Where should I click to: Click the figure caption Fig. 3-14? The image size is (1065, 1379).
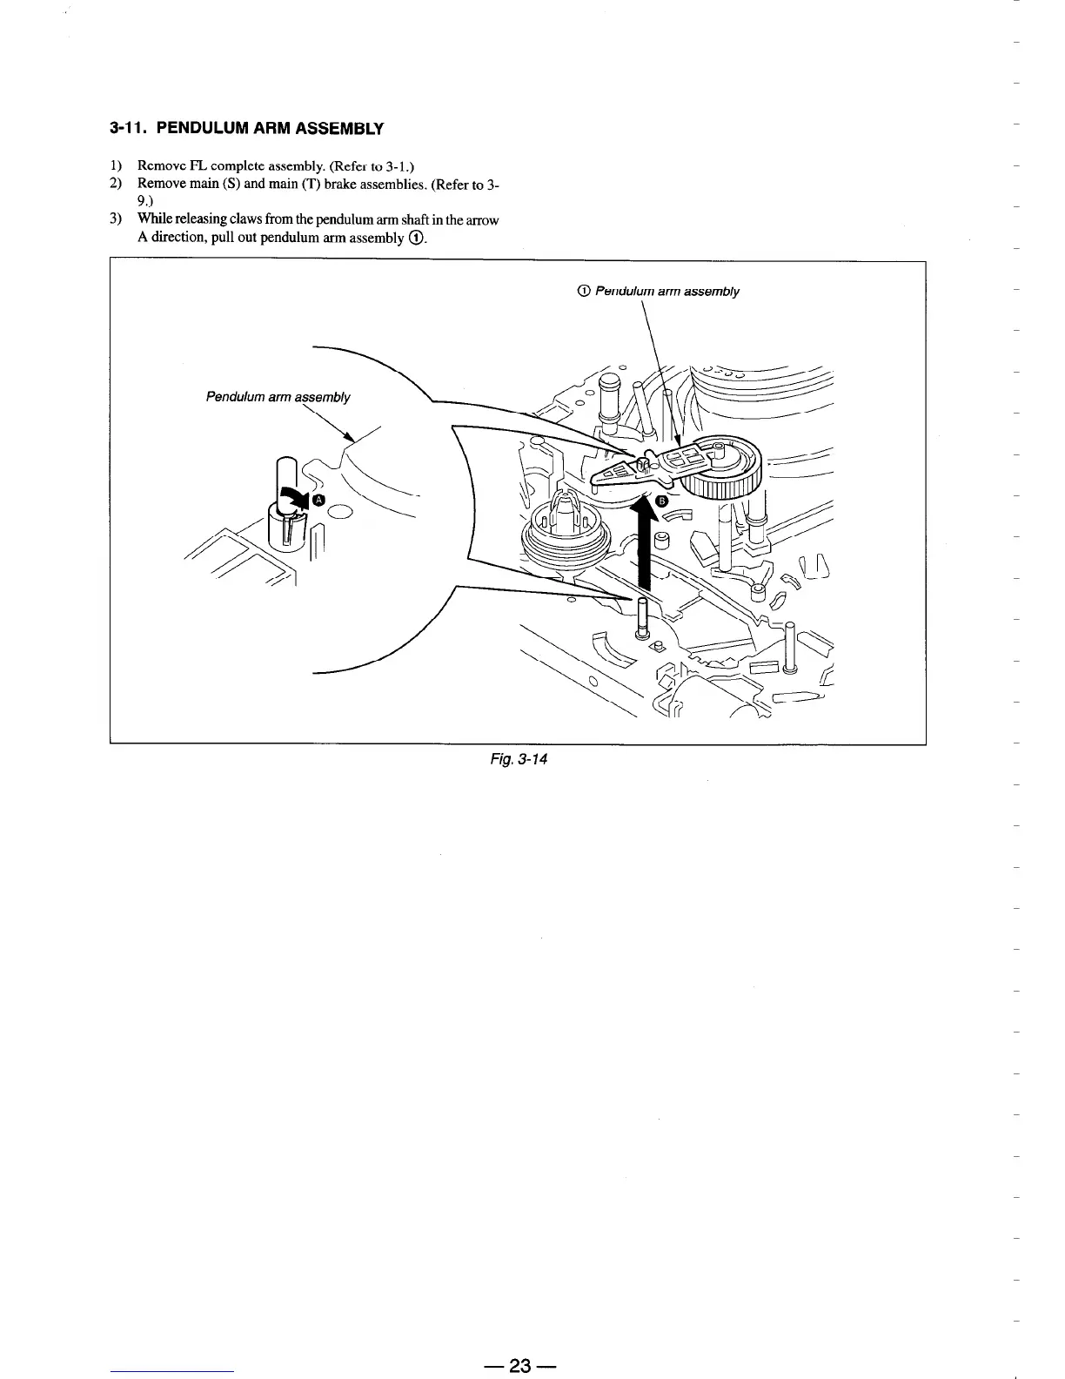pos(518,759)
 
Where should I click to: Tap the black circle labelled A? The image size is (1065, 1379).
pos(318,499)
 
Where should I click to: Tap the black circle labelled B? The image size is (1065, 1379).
pos(661,501)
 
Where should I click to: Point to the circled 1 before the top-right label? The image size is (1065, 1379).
pos(584,291)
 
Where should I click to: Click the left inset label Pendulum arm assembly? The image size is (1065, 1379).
pos(278,397)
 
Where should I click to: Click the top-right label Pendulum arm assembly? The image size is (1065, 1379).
pos(666,291)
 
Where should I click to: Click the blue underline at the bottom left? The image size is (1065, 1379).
pos(172,1372)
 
